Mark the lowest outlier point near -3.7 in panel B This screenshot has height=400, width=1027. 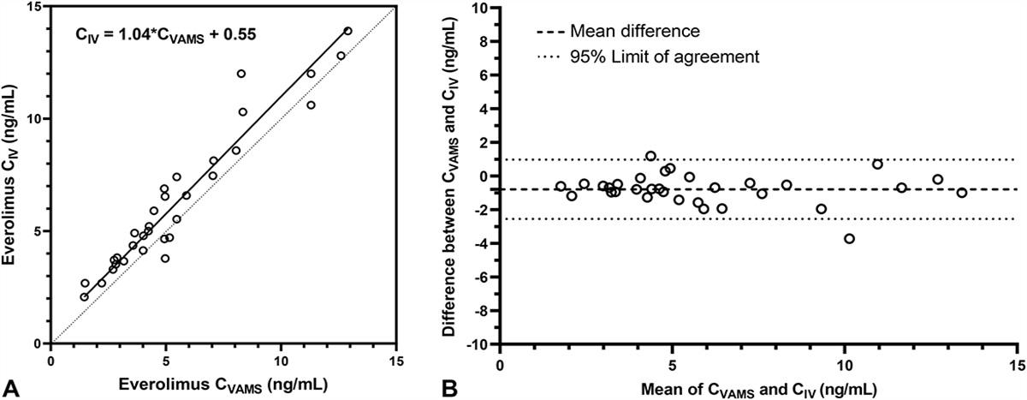849,238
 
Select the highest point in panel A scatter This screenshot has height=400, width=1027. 347,31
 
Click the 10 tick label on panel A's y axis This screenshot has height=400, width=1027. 33,119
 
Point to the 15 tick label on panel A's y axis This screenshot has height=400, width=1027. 33,7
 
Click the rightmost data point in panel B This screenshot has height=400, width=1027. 962,193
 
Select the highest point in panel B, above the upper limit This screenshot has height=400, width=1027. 650,156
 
